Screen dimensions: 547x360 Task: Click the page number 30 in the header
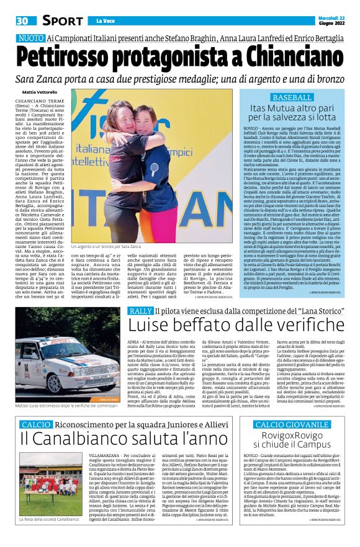point(23,21)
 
